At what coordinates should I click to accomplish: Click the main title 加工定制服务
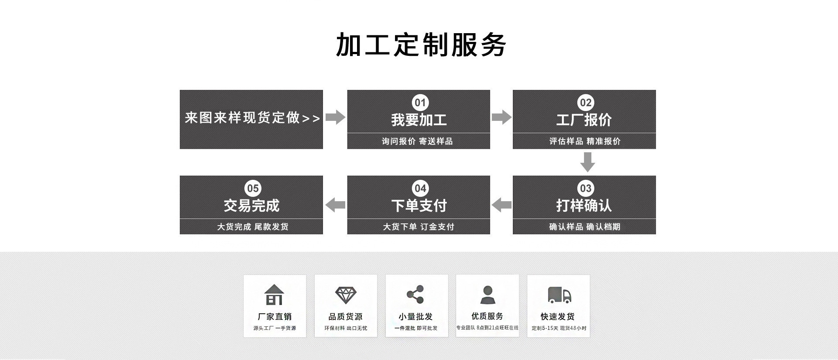pyautogui.click(x=421, y=45)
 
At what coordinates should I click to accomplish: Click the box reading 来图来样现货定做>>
pyautogui.click(x=251, y=118)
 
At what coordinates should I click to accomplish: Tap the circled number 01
pyautogui.click(x=420, y=103)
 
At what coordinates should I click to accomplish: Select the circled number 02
pyautogui.click(x=585, y=103)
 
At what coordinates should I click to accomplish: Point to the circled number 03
pyautogui.click(x=585, y=189)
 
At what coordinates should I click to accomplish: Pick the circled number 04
pyautogui.click(x=420, y=189)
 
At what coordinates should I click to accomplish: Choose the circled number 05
pyautogui.click(x=253, y=189)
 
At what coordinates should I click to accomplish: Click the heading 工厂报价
pyautogui.click(x=584, y=120)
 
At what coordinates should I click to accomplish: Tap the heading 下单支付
pyautogui.click(x=419, y=206)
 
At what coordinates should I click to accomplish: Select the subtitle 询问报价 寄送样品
pyautogui.click(x=418, y=141)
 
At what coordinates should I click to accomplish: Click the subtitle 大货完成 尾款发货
pyautogui.click(x=253, y=227)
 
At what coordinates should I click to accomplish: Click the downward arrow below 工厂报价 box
pyautogui.click(x=587, y=162)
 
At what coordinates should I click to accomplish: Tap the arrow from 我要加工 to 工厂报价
pyautogui.click(x=501, y=117)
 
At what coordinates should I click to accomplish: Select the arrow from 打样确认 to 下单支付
pyautogui.click(x=501, y=205)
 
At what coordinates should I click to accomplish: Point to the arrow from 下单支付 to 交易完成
pyautogui.click(x=335, y=205)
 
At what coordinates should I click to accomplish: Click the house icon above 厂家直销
pyautogui.click(x=274, y=295)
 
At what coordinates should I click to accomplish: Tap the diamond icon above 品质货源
pyautogui.click(x=346, y=295)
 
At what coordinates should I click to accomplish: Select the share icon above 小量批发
pyautogui.click(x=416, y=295)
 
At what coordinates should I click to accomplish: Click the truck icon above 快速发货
pyautogui.click(x=559, y=295)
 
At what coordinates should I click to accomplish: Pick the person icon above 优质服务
pyautogui.click(x=488, y=295)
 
